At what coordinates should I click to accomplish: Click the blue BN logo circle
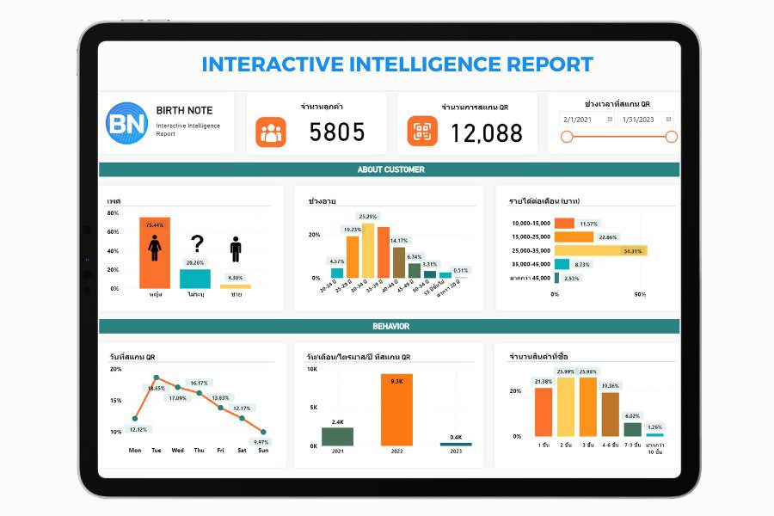126,122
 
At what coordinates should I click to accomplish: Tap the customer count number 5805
337,132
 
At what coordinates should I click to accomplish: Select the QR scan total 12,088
486,132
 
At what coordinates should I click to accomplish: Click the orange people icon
270,132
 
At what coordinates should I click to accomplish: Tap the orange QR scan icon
422,131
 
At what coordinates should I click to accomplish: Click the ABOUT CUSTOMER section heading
390,169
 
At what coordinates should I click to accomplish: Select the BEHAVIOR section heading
390,327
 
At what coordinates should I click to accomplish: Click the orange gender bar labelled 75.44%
155,254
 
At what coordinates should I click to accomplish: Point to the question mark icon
197,244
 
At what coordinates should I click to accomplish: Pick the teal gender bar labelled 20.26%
195,279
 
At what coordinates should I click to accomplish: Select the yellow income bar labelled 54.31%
599,250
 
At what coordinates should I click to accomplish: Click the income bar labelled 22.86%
574,237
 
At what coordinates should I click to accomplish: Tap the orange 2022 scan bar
397,408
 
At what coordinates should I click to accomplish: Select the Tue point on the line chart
156,378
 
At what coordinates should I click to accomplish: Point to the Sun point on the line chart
263,432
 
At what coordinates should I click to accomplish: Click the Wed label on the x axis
177,450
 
